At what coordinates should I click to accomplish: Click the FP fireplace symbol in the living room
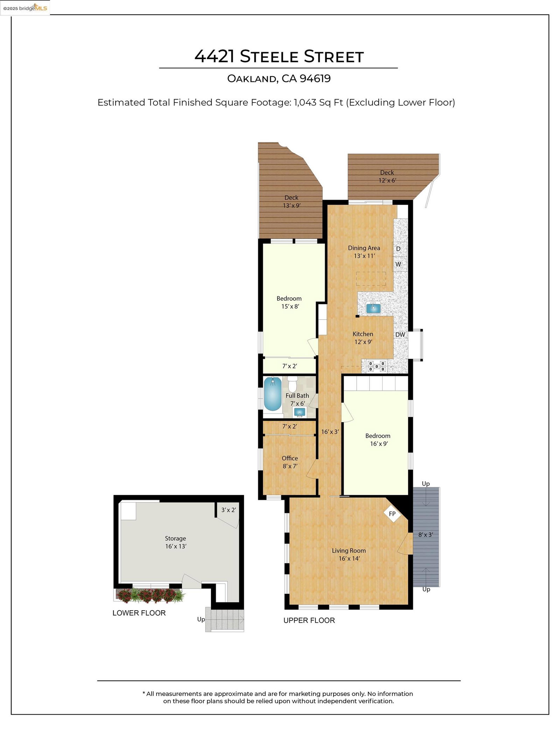pyautogui.click(x=392, y=513)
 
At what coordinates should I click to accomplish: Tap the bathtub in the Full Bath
pyautogui.click(x=272, y=394)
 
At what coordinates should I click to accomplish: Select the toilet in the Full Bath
pyautogui.click(x=292, y=384)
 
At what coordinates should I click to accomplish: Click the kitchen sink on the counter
pyautogui.click(x=373, y=308)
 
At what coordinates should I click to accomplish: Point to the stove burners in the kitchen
pyautogui.click(x=377, y=366)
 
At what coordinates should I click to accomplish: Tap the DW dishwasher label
pyautogui.click(x=400, y=335)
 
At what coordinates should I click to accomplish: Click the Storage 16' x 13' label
pyautogui.click(x=176, y=542)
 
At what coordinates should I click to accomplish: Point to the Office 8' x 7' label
pyautogui.click(x=290, y=462)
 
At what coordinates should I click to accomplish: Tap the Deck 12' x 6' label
pyautogui.click(x=387, y=176)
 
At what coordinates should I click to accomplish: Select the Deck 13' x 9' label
pyautogui.click(x=292, y=202)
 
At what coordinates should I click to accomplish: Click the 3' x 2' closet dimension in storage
pyautogui.click(x=229, y=510)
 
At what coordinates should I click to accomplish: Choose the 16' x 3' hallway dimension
pyautogui.click(x=330, y=432)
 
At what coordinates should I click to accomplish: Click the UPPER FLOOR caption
pyautogui.click(x=309, y=621)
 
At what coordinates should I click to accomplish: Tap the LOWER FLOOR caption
pyautogui.click(x=139, y=613)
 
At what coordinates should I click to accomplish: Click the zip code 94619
pyautogui.click(x=315, y=78)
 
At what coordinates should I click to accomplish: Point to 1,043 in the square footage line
pyautogui.click(x=305, y=103)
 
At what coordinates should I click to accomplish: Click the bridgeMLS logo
pyautogui.click(x=25, y=8)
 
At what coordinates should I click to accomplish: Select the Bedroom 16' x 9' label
pyautogui.click(x=378, y=440)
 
